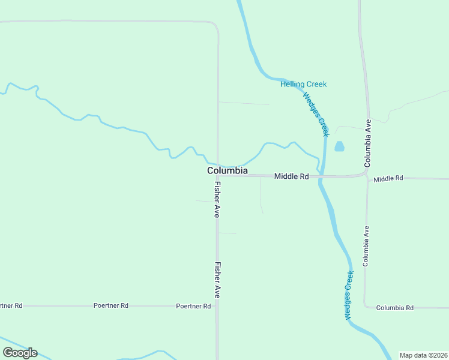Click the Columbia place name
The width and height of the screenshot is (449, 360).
tap(227, 171)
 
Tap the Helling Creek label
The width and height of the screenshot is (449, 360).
tap(303, 84)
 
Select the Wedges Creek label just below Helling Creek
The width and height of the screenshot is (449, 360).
tap(316, 114)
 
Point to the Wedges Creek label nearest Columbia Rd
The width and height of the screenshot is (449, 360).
tap(349, 295)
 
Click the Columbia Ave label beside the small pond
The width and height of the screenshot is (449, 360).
tap(369, 143)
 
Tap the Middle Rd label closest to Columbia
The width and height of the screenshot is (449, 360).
tap(291, 176)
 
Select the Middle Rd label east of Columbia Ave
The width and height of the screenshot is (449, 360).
tap(388, 179)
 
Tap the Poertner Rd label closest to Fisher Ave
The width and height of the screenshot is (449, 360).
tap(193, 306)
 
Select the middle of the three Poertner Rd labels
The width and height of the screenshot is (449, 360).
tap(111, 305)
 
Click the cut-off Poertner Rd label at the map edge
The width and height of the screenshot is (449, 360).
tap(11, 305)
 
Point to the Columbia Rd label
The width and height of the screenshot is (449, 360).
tap(394, 308)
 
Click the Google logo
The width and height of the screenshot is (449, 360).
tap(20, 353)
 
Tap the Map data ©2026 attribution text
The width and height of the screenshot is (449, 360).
tap(423, 355)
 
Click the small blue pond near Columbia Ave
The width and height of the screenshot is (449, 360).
tap(339, 146)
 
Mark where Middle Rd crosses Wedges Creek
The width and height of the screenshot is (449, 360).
tap(322, 177)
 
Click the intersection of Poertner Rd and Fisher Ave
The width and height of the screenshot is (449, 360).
tap(217, 306)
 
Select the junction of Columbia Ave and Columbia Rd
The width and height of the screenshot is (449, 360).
tap(365, 306)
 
